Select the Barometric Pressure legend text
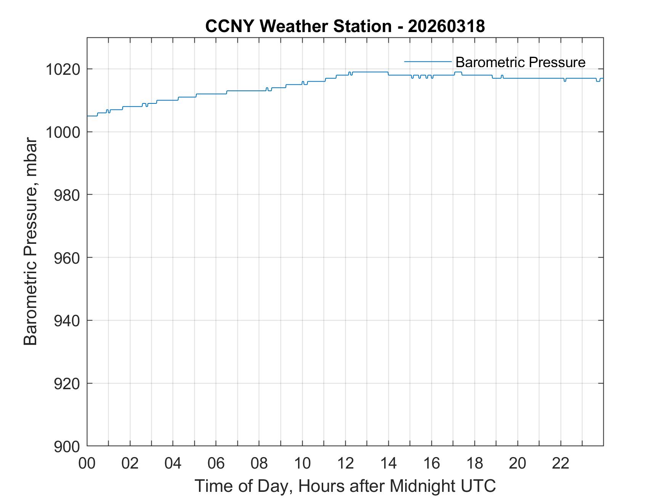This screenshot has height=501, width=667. click(x=520, y=62)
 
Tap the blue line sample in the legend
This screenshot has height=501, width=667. click(x=428, y=61)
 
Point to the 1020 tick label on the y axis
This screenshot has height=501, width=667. click(x=63, y=69)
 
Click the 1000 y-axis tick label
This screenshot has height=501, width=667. click(x=63, y=132)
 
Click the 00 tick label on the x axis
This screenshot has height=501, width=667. click(x=87, y=463)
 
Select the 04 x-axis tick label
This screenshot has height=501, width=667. click(x=173, y=463)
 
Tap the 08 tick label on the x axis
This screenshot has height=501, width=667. click(x=259, y=463)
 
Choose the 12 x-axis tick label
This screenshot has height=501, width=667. click(x=345, y=463)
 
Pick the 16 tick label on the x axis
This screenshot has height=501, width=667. click(x=431, y=463)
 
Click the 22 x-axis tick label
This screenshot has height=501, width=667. click(x=561, y=463)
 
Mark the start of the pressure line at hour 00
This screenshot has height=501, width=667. click(x=88, y=116)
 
